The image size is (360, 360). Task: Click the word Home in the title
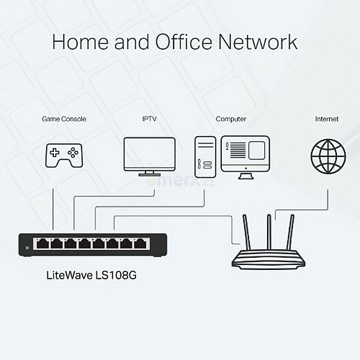pyautogui.click(x=81, y=42)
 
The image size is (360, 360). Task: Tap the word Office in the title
pyautogui.click(x=184, y=41)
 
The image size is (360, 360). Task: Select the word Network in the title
pyautogui.click(x=258, y=42)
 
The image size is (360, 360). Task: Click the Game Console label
pyautogui.click(x=64, y=119)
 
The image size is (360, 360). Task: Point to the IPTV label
pyautogui.click(x=149, y=119)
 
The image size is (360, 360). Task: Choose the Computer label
pyautogui.click(x=231, y=119)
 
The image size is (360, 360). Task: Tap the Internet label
pyautogui.click(x=327, y=119)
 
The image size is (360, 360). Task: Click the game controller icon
pyautogui.click(x=64, y=156)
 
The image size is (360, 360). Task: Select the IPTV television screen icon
pyautogui.click(x=150, y=156)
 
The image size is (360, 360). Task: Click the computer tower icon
pyautogui.click(x=205, y=157)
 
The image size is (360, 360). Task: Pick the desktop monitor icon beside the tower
pyautogui.click(x=246, y=157)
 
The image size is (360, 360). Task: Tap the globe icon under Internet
pyautogui.click(x=328, y=156)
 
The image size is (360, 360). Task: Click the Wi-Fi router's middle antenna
pyautogui.click(x=269, y=232)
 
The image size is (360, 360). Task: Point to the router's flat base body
pyautogui.click(x=269, y=259)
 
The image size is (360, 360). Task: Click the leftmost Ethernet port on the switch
pyautogui.click(x=42, y=243)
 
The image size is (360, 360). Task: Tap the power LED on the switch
pyautogui.click(x=27, y=248)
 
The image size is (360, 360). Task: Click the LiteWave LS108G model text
pyautogui.click(x=91, y=275)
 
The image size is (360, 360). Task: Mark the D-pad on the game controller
pyautogui.click(x=55, y=153)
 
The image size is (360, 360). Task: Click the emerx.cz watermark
pyautogui.click(x=181, y=181)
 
